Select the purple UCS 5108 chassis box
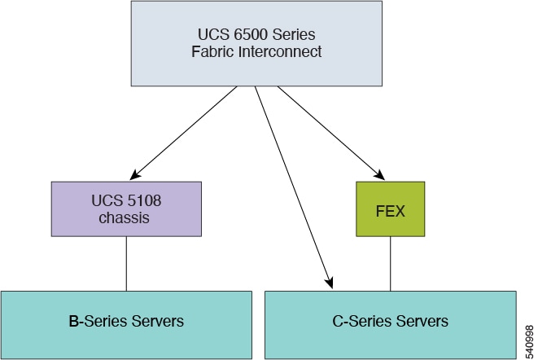[126, 209]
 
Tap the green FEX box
[390, 209]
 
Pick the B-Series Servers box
[126, 320]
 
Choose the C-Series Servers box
[390, 320]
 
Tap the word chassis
[126, 217]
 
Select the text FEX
[390, 209]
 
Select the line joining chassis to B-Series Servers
[126, 263]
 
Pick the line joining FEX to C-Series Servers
[390, 263]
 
